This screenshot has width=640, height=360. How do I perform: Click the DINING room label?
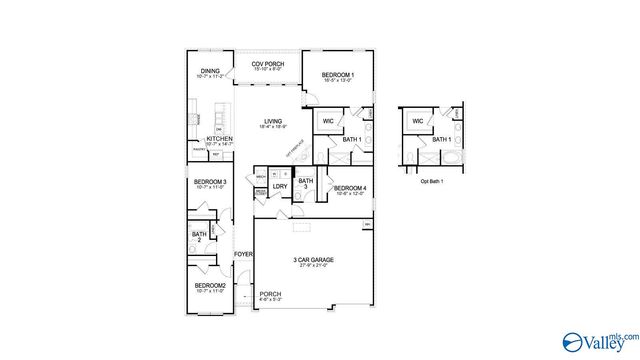tap(209, 70)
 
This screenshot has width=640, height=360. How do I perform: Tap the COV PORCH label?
tap(268, 65)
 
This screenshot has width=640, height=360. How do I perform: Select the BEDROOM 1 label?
tap(337, 75)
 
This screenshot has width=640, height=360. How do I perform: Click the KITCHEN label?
tap(219, 139)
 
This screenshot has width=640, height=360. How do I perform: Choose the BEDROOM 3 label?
tap(210, 182)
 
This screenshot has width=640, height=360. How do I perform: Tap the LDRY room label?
tap(280, 187)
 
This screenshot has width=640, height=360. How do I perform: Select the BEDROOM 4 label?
tap(350, 189)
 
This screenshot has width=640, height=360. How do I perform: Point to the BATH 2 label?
tap(198, 237)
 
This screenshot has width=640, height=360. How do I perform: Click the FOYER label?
tap(243, 255)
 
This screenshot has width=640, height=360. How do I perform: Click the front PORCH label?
tap(271, 294)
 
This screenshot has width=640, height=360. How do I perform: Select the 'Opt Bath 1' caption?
tap(430, 182)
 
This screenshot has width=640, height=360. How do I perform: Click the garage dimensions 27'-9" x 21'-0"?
tap(313, 266)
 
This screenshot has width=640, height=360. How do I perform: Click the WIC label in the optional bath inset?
tap(417, 121)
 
